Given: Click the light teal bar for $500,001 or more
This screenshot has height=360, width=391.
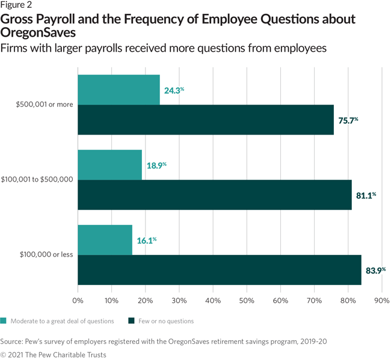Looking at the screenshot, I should [x=119, y=90].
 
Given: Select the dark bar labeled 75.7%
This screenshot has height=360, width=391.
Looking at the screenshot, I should [x=206, y=120].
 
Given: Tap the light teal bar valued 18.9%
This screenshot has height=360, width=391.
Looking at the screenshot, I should [x=109, y=165].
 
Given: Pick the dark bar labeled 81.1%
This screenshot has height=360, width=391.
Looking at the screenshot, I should [x=215, y=195].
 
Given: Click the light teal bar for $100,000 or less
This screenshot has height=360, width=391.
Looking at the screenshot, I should [x=105, y=240].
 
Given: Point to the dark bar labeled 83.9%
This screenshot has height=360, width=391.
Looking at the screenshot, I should [x=220, y=270].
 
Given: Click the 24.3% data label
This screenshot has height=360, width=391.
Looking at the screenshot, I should [x=174, y=91].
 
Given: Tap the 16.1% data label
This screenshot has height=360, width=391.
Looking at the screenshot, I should [x=146, y=241].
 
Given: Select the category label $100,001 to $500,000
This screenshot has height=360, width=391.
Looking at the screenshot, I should [x=38, y=179].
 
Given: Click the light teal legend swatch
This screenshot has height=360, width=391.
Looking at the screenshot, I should [x=5, y=321].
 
